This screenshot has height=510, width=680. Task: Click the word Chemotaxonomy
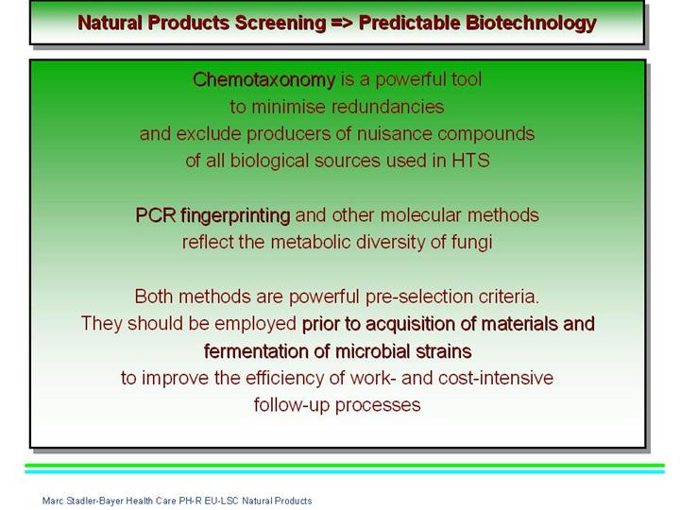(264, 80)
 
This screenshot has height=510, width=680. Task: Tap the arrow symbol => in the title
(343, 23)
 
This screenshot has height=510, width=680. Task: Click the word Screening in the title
(280, 24)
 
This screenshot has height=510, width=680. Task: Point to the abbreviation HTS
(470, 161)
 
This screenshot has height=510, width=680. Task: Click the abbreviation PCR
(155, 215)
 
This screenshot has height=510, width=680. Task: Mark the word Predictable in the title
(409, 24)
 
